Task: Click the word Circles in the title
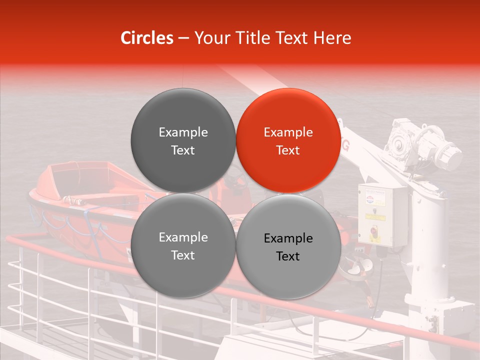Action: (146, 38)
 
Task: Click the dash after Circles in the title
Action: (183, 38)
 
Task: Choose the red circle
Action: (288, 140)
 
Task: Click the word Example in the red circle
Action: (288, 132)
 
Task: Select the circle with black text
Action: (288, 247)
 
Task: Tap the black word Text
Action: (288, 256)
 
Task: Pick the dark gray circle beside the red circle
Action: (183, 140)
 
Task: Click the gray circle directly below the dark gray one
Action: (183, 246)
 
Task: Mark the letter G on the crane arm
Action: (345, 145)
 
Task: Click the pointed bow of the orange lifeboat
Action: (33, 192)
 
